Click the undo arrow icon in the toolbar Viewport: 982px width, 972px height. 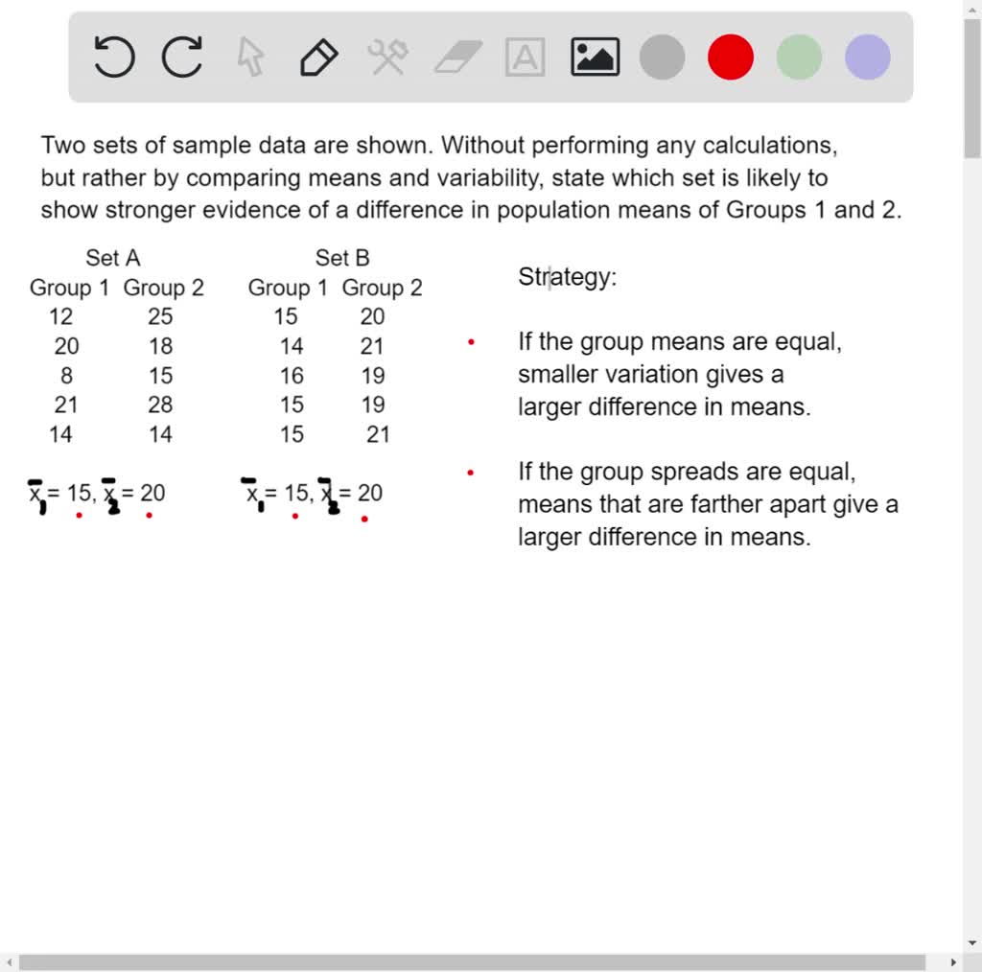[x=114, y=57]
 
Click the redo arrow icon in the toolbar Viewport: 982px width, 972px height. [x=182, y=57]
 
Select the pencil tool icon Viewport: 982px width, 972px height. [x=318, y=57]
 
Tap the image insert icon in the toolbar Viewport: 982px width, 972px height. [x=595, y=57]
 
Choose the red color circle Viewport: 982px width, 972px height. [x=731, y=57]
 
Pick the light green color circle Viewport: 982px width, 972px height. [x=799, y=57]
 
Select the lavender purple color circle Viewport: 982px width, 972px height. [x=867, y=57]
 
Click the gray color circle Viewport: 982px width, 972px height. [x=663, y=57]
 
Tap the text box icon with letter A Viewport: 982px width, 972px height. [x=526, y=57]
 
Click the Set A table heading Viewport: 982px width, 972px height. [x=113, y=258]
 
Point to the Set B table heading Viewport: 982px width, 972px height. [x=342, y=258]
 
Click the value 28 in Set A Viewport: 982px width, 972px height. [x=160, y=405]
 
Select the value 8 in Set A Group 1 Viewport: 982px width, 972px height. [x=66, y=376]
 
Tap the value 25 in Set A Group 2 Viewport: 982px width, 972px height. [x=160, y=316]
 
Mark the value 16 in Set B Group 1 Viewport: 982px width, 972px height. [x=292, y=376]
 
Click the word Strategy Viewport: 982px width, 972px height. [x=566, y=277]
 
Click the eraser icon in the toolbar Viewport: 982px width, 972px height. [x=457, y=57]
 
